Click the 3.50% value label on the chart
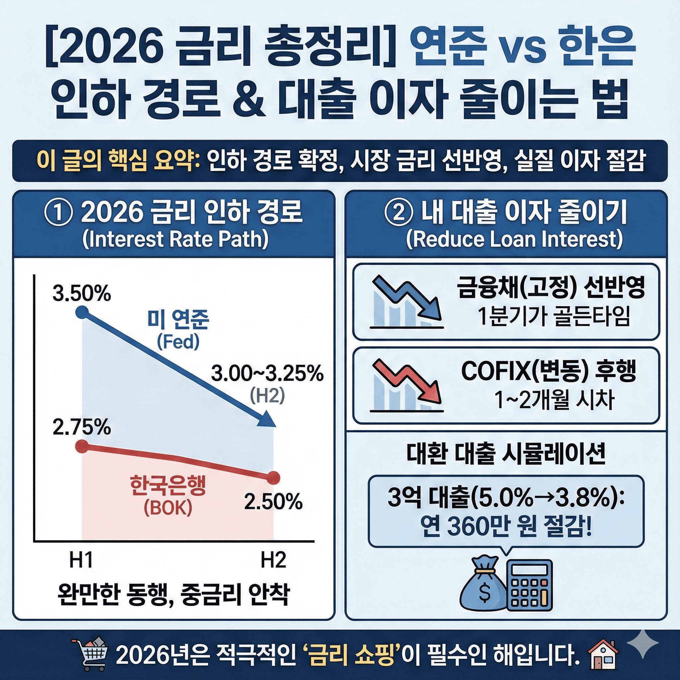[82, 293]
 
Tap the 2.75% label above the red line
[82, 428]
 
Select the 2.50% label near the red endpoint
[274, 502]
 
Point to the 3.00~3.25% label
[267, 374]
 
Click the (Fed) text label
[178, 341]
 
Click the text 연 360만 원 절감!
[506, 529]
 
